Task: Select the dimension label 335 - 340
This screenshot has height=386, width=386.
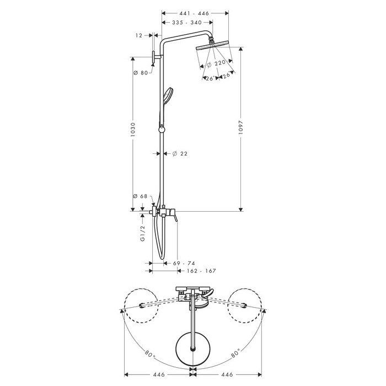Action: point(187,23)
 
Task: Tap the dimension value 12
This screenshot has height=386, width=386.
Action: point(139,36)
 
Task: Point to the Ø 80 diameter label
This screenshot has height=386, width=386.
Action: point(140,73)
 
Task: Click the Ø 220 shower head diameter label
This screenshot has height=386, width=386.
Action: point(216,63)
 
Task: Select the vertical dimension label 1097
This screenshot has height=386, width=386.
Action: point(241,127)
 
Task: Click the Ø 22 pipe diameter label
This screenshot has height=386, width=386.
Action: point(180,154)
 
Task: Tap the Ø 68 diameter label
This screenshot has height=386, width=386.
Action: point(140,196)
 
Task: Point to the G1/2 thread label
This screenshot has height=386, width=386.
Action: point(143,233)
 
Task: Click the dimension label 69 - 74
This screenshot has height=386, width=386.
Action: point(184,264)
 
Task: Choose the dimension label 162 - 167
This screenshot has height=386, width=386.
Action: point(201,271)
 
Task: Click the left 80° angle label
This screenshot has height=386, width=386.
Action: point(149,354)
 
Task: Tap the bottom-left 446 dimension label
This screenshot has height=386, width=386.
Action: point(159,374)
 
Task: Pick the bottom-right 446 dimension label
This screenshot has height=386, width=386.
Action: point(227,374)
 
